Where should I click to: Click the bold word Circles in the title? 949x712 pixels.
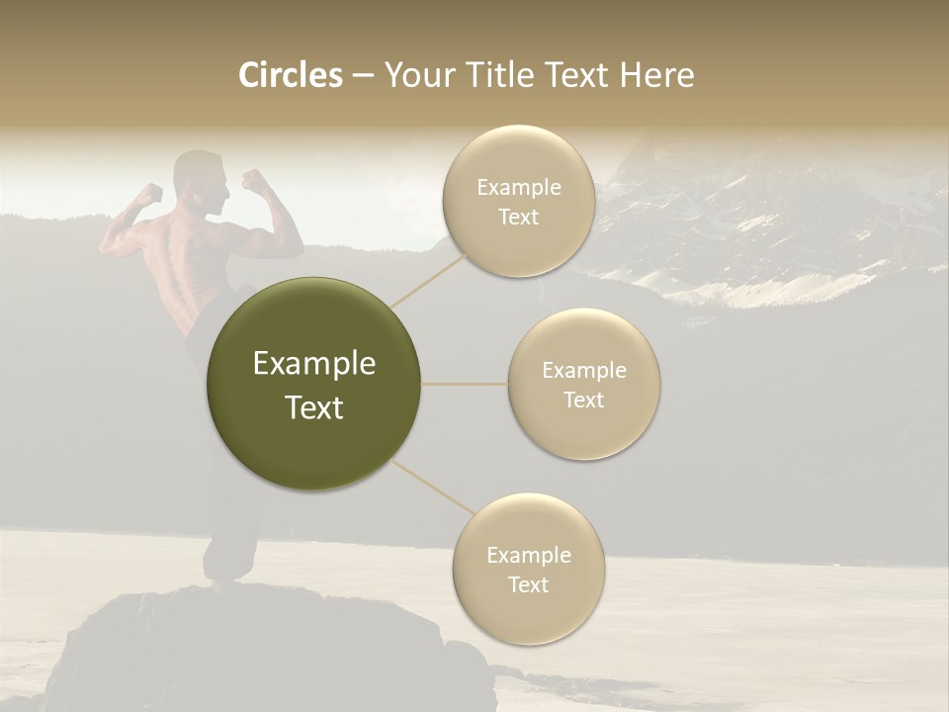click(x=291, y=75)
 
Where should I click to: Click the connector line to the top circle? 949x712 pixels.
click(x=429, y=278)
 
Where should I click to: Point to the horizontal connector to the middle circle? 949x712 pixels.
click(x=464, y=384)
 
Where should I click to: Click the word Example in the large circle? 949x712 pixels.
click(x=314, y=364)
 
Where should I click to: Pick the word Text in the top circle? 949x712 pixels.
click(x=518, y=218)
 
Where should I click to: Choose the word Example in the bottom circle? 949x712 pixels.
click(x=528, y=555)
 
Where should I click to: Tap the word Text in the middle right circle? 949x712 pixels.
click(x=583, y=400)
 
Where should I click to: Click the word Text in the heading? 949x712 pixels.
click(x=574, y=75)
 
